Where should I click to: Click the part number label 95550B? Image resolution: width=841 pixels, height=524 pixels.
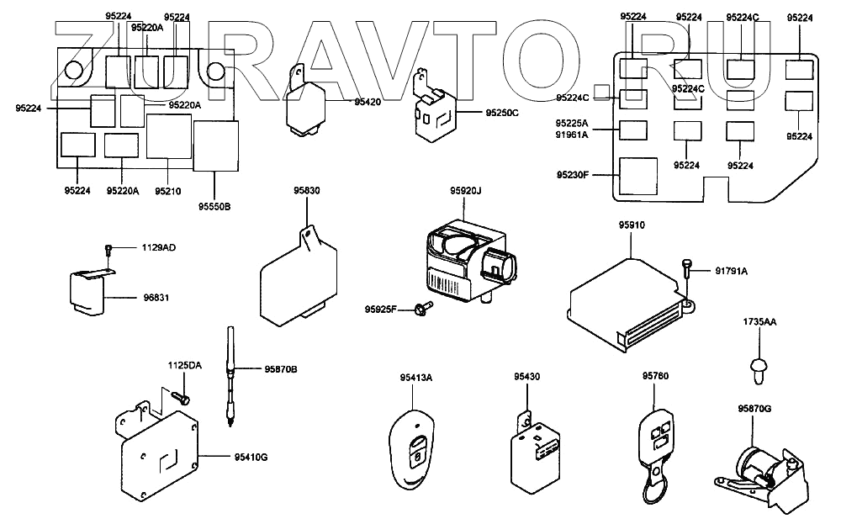[214, 207]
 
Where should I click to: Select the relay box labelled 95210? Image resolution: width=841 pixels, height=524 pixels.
[169, 136]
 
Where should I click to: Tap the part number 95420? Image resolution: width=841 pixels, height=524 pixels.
[368, 102]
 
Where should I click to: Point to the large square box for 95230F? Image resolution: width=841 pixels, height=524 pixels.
[638, 176]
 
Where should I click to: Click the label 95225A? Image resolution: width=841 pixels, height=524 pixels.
[572, 124]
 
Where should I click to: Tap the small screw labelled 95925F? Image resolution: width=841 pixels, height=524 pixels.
[424, 308]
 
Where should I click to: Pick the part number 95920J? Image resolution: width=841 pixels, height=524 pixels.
[466, 190]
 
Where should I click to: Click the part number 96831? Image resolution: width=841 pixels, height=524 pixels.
[156, 298]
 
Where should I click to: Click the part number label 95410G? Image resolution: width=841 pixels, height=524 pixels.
[251, 458]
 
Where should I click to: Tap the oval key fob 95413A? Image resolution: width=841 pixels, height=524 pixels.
[411, 449]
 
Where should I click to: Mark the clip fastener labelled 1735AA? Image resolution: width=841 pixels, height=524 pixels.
[758, 371]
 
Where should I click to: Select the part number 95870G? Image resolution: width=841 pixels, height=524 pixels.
[754, 409]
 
